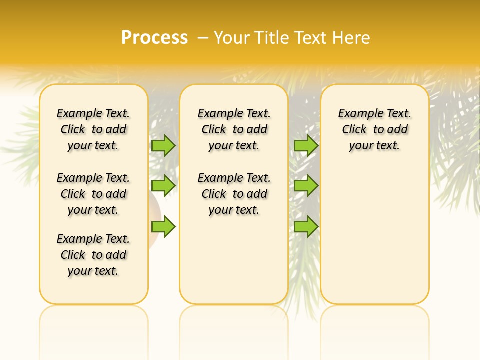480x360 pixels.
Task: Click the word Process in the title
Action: (154, 38)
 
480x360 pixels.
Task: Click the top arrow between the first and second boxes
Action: (163, 145)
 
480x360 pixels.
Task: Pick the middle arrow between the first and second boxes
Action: (163, 186)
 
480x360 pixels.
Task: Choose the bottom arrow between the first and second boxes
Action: (163, 227)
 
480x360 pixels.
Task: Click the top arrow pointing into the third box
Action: (306, 145)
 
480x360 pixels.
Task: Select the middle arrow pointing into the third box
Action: (306, 186)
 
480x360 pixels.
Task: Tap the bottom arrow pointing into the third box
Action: (306, 227)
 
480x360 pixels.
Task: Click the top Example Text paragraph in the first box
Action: (93, 129)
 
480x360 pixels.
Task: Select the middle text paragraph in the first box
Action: (93, 194)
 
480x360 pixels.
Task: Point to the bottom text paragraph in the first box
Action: (93, 255)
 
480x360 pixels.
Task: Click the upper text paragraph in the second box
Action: (234, 129)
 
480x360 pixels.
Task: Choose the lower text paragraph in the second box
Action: (234, 194)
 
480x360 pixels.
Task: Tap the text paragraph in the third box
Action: (374, 129)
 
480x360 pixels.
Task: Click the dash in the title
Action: (203, 38)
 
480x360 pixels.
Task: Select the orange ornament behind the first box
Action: (153, 220)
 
